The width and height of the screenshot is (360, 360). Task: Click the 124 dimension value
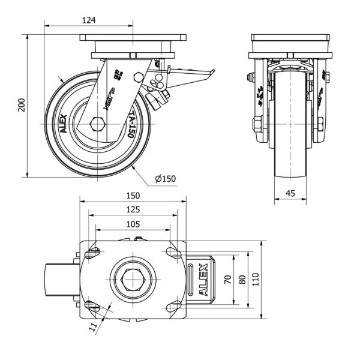pyautogui.click(x=89, y=20)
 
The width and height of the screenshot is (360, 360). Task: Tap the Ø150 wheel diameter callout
pyautogui.click(x=165, y=178)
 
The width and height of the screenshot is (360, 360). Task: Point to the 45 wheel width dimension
pyautogui.click(x=290, y=193)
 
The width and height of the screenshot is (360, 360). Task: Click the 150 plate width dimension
pyautogui.click(x=133, y=196)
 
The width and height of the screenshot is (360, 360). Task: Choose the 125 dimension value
pyautogui.click(x=133, y=209)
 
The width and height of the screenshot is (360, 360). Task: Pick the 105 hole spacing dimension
pyautogui.click(x=133, y=224)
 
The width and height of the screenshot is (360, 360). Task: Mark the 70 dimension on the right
pyautogui.click(x=227, y=279)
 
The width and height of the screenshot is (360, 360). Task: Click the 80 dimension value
pyautogui.click(x=242, y=279)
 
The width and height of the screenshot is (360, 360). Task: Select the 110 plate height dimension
pyautogui.click(x=257, y=279)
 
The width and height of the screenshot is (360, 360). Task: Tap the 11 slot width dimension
pyautogui.click(x=92, y=328)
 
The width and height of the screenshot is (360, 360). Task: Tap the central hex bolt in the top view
pyautogui.click(x=133, y=280)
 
